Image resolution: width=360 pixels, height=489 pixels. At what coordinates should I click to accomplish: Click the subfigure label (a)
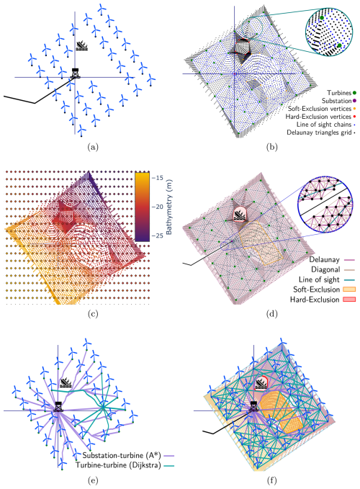pyautogui.click(x=93, y=147)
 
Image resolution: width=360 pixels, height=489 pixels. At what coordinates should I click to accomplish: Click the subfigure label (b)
pyautogui.click(x=271, y=147)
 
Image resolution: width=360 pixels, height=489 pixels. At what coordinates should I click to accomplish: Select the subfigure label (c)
pyautogui.click(x=93, y=314)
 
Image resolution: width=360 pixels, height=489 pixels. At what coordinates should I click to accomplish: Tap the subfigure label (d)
pyautogui.click(x=271, y=314)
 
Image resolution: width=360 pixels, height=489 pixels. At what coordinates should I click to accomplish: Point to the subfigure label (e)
pyautogui.click(x=93, y=480)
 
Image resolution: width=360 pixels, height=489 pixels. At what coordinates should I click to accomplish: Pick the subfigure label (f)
pyautogui.click(x=271, y=480)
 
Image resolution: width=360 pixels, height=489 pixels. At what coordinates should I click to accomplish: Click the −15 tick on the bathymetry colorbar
pyautogui.click(x=158, y=178)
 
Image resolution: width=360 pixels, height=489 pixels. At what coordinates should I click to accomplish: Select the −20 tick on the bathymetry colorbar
pyautogui.click(x=158, y=207)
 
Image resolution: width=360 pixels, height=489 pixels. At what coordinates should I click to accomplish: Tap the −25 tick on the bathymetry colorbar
pyautogui.click(x=158, y=235)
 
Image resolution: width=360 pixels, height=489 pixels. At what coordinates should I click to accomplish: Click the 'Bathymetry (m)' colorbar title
pyautogui.click(x=169, y=207)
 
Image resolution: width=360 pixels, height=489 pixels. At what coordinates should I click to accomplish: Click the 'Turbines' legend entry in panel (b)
pyautogui.click(x=339, y=93)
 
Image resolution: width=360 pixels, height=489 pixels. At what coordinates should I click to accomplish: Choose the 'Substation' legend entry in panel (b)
pyautogui.click(x=337, y=101)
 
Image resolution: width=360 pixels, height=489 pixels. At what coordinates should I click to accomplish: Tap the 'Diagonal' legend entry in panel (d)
pyautogui.click(x=325, y=269)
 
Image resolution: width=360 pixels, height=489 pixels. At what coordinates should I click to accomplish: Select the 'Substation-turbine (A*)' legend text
pyautogui.click(x=122, y=456)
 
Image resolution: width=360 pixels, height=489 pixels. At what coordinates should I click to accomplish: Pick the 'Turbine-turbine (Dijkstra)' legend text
pyautogui.click(x=119, y=465)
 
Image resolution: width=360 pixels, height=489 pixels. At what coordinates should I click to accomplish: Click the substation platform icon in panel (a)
pyautogui.click(x=75, y=73)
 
